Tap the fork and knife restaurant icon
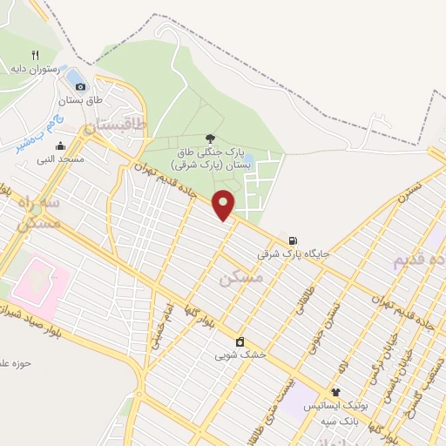(35, 54)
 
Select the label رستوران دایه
(35, 68)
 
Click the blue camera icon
(80, 85)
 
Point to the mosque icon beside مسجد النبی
(59, 145)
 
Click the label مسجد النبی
(59, 159)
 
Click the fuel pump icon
(294, 241)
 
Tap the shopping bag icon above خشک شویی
(240, 341)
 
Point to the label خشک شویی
(240, 355)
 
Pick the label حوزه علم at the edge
(17, 363)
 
